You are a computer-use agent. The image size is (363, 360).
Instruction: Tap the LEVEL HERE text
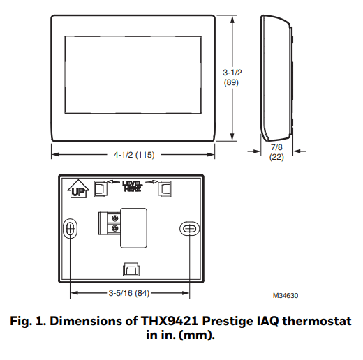pos(132,186)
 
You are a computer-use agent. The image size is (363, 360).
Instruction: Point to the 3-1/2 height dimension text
pos(232,72)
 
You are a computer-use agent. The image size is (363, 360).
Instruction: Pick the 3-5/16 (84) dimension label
pos(131,292)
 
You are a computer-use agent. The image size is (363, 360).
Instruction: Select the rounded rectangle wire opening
pos(133,227)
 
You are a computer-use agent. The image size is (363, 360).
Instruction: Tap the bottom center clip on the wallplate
pos(131,270)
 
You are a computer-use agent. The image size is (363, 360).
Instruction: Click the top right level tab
pos(165,188)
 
